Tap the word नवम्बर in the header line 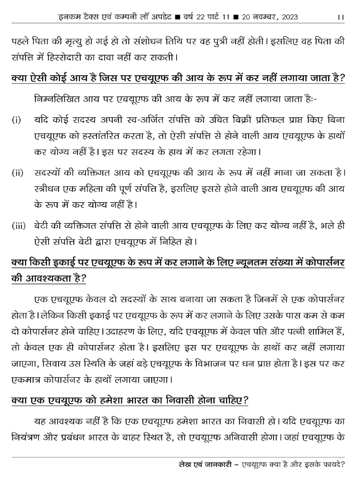click(x=260, y=17)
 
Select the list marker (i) click(x=16, y=119)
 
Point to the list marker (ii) click(x=18, y=172)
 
